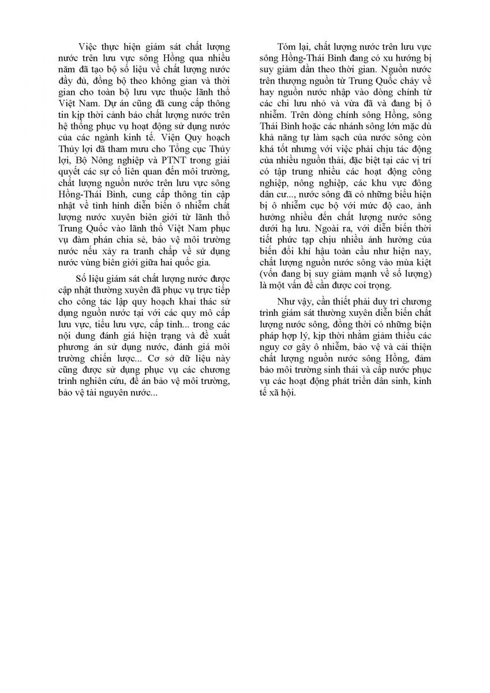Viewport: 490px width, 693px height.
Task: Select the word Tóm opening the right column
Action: [287, 46]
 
